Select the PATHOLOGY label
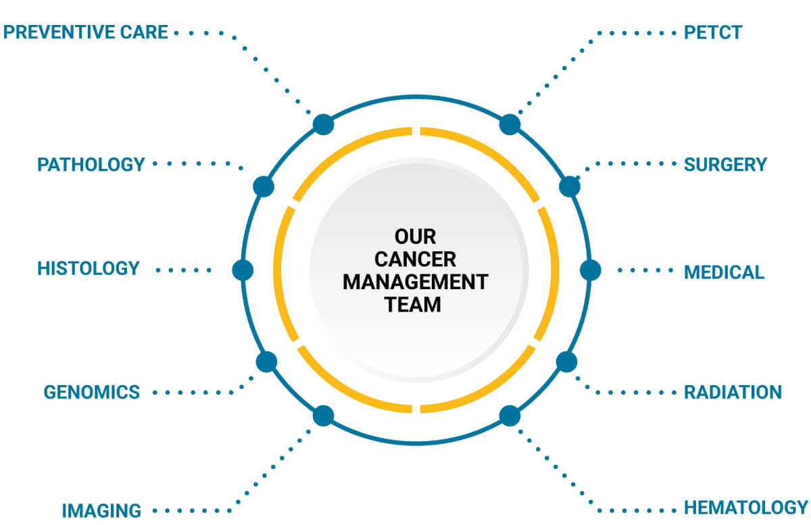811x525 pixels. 91,164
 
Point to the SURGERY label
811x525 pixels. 725,164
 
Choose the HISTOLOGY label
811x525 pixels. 89,268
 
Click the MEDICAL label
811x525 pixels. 724,272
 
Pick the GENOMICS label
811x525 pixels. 92,392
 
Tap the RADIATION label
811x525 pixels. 733,392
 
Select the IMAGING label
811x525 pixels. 102,510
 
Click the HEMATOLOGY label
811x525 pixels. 746,507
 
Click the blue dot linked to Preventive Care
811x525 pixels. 323,124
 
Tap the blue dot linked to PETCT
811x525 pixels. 510,124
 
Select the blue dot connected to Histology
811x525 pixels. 242,270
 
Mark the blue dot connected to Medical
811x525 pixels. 590,270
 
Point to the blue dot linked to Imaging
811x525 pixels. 323,416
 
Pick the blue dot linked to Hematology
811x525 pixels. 510,416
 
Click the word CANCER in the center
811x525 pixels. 416,259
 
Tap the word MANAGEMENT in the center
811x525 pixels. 416,282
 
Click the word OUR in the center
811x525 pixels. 416,237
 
